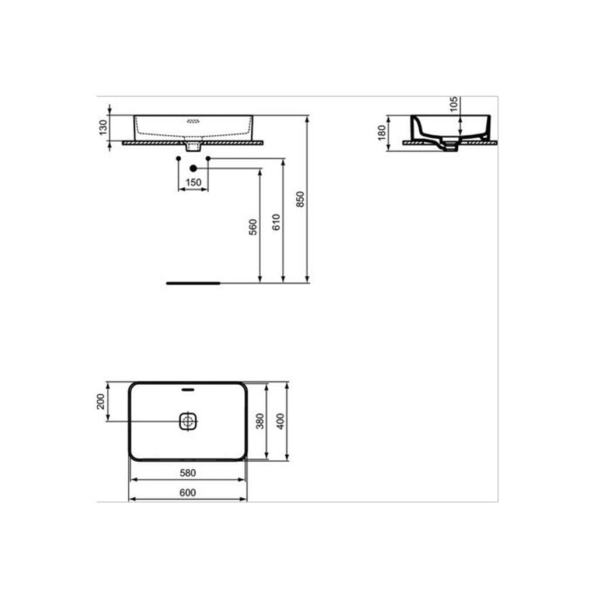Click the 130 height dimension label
tap(103, 128)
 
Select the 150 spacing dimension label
tap(194, 182)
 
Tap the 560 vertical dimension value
tap(253, 227)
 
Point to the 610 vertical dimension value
tap(276, 222)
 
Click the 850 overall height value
tap(300, 199)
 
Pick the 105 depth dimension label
tap(454, 104)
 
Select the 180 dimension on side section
tap(382, 133)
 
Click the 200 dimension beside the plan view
tap(100, 401)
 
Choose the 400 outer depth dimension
tap(280, 421)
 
